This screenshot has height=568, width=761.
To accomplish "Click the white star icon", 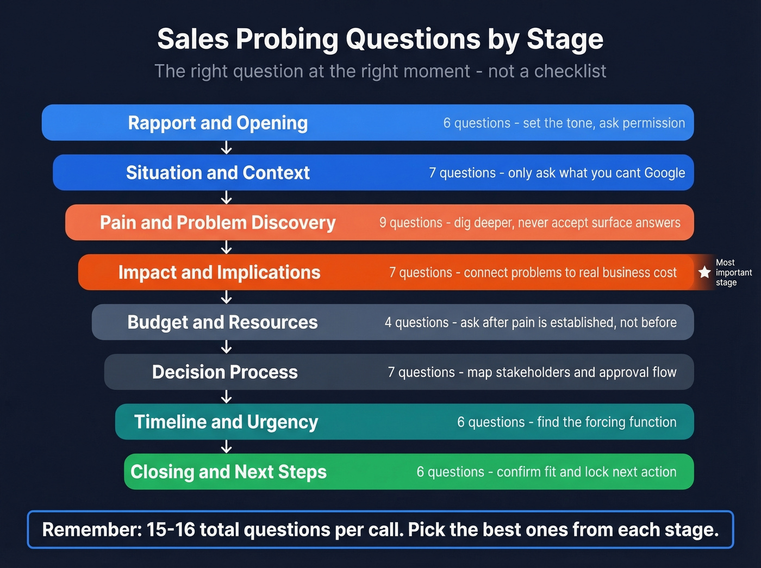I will click(x=704, y=272).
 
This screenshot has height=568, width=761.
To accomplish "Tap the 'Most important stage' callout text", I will click(x=733, y=272).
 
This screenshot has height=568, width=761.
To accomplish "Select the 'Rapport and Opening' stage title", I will click(x=217, y=123).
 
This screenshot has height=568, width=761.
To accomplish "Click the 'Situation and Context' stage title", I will click(x=217, y=173).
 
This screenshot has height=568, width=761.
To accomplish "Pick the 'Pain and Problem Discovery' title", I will click(x=217, y=223).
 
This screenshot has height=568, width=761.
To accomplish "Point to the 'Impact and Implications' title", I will click(x=219, y=272).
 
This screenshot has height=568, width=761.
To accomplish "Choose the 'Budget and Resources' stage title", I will click(x=222, y=322).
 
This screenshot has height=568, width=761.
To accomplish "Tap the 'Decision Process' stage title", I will click(x=224, y=372).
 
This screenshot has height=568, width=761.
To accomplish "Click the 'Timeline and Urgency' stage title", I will click(x=226, y=422).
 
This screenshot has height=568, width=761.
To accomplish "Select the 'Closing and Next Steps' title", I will click(x=228, y=472).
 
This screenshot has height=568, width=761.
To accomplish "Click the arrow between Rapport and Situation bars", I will click(x=227, y=148).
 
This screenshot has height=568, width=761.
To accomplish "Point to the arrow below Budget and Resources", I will click(x=227, y=347).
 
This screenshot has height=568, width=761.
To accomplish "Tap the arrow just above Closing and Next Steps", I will click(x=227, y=447).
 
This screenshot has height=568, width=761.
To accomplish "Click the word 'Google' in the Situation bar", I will click(x=664, y=173).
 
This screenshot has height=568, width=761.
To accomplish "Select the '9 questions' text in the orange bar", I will click(x=410, y=223).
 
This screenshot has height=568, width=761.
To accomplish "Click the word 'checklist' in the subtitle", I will click(x=570, y=71).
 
